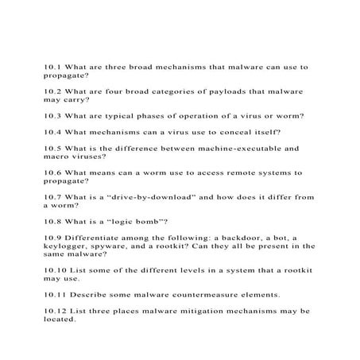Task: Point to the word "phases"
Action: click(x=162, y=115)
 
